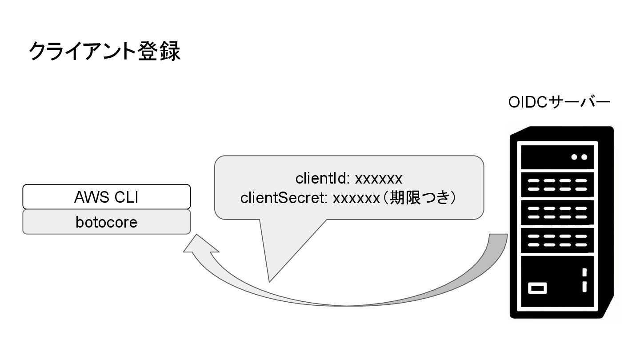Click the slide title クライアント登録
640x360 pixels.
(104, 51)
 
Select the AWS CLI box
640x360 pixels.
(107, 196)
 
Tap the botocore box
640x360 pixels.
(107, 222)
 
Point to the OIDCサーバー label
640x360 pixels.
(559, 103)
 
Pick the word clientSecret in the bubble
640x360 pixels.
(284, 198)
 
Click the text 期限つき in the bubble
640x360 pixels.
(423, 198)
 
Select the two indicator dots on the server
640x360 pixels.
(579, 157)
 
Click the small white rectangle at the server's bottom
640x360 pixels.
(537, 288)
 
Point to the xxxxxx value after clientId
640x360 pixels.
(379, 179)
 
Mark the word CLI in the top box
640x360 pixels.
(127, 196)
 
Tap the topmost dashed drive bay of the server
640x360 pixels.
(557, 185)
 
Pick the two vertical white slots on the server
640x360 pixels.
(584, 280)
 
